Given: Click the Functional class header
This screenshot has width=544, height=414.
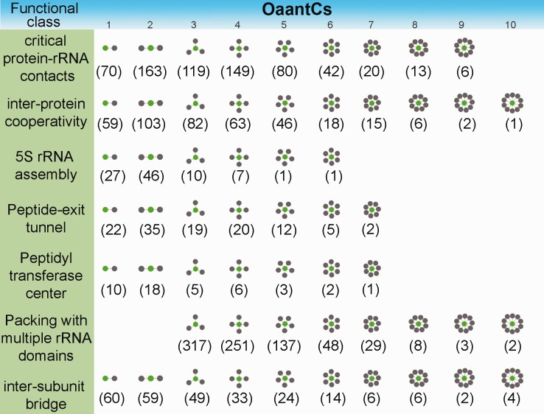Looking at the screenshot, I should [x=46, y=14].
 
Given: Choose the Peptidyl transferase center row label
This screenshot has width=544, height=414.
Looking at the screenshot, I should [x=46, y=273].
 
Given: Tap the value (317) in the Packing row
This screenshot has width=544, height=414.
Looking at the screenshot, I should [x=195, y=345].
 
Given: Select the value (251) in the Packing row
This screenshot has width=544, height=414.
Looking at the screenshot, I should [x=237, y=345].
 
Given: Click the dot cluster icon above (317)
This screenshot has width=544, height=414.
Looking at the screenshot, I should [x=195, y=323].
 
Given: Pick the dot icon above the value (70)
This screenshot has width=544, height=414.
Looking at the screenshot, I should [x=110, y=48].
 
